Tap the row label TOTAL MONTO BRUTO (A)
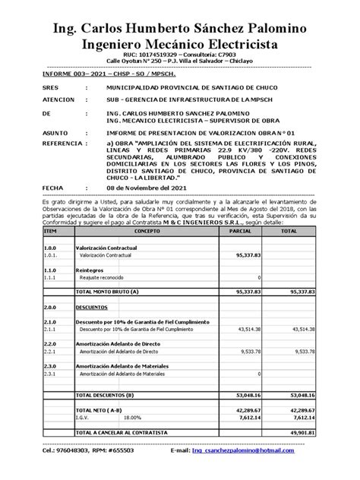click(x=107, y=291)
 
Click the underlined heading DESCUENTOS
click(x=93, y=308)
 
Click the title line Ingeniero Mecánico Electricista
click(x=179, y=43)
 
